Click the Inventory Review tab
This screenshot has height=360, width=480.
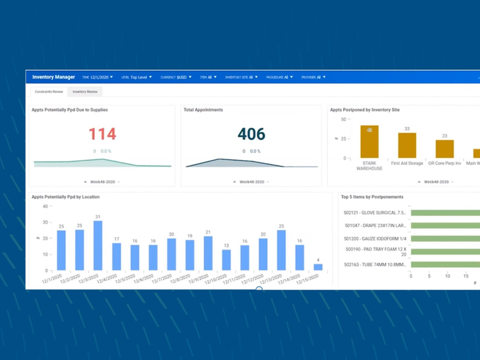click(85, 92)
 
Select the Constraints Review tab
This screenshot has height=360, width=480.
click(49, 92)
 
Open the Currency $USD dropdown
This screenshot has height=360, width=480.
click(175, 77)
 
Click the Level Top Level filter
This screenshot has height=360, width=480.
click(136, 77)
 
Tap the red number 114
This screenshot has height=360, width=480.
click(102, 134)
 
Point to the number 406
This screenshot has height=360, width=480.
click(251, 134)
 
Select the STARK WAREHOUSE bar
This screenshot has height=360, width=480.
click(369, 142)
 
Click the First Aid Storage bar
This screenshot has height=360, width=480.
click(407, 146)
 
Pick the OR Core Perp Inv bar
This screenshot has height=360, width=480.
click(445, 149)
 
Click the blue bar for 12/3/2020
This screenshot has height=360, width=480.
click(98, 245)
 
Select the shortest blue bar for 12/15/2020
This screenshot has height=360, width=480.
click(318, 267)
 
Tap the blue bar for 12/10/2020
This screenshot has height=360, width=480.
click(226, 260)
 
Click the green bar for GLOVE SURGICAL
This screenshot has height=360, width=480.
click(445, 213)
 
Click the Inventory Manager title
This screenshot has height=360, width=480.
click(53, 77)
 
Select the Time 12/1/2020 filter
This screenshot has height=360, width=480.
click(97, 77)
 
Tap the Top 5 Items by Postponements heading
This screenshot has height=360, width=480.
click(372, 197)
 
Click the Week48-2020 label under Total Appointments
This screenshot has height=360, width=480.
click(251, 182)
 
